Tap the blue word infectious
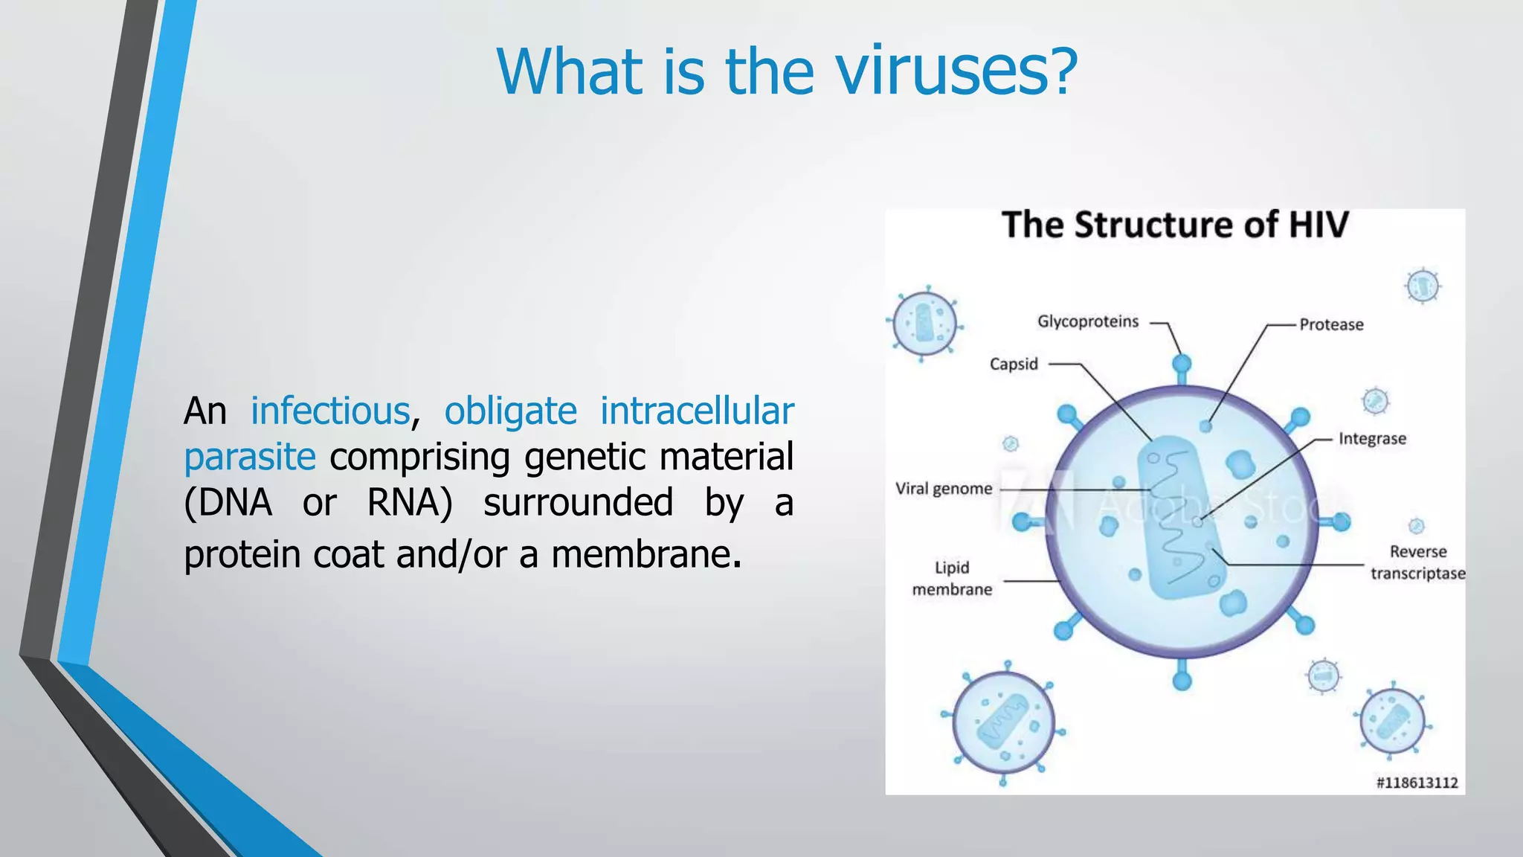coord(330,411)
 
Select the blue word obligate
coord(510,411)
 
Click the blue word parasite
coord(250,457)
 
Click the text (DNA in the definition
coord(228,503)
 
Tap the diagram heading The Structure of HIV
coord(1174,225)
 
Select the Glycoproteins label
coord(1087,321)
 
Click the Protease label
coord(1331,324)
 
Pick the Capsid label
coord(1013,364)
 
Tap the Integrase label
coord(1372,439)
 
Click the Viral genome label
coord(943,489)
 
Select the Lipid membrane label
coord(952,578)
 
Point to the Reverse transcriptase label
coord(1417,562)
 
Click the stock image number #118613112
coord(1416,783)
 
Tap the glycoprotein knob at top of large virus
coord(1182,365)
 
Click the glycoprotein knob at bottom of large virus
coord(1182,680)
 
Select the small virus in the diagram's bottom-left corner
coord(1003,722)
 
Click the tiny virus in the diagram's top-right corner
coord(1423,286)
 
